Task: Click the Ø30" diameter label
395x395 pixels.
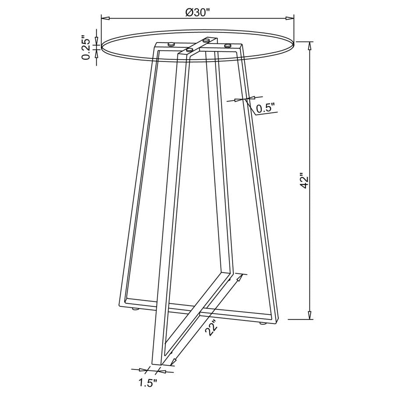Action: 198,12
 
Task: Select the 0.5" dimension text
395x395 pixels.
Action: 265,107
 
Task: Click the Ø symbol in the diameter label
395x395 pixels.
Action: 190,12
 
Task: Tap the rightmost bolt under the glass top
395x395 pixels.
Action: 227,45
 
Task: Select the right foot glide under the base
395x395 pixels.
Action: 262,324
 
